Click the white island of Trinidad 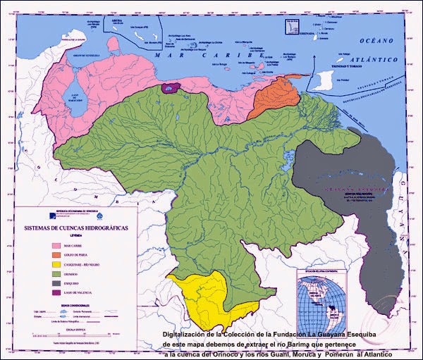[326, 79]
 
